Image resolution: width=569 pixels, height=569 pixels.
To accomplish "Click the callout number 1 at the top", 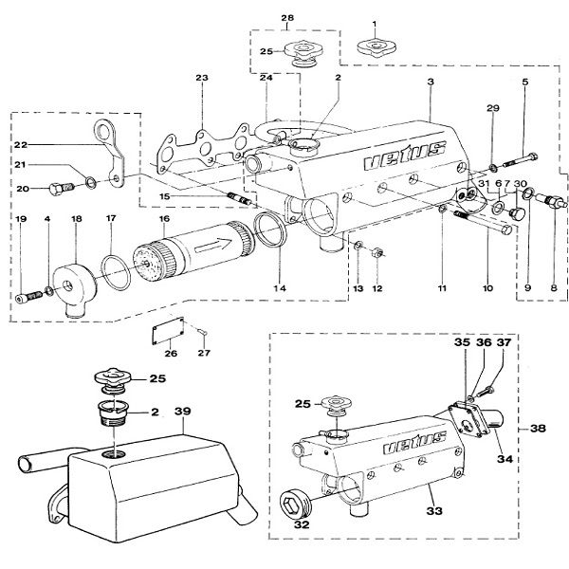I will click(x=375, y=22).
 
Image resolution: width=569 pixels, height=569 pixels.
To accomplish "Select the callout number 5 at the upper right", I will click(x=524, y=83).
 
